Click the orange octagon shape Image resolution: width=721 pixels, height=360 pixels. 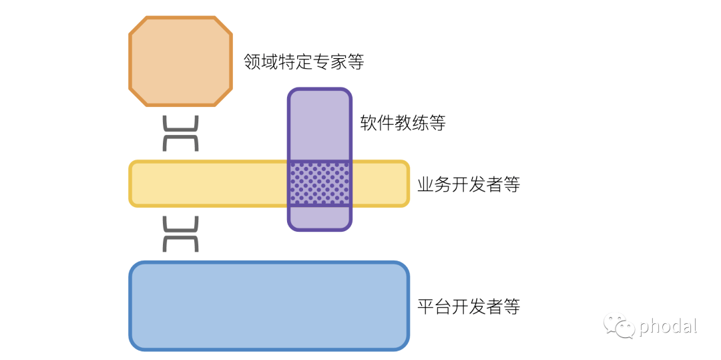(x=180, y=61)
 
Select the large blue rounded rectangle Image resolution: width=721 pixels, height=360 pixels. (x=268, y=306)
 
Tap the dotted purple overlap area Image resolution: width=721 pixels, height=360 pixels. (x=319, y=184)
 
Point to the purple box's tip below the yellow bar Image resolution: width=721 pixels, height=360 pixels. (x=319, y=218)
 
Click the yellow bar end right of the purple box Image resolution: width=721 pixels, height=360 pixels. (x=379, y=184)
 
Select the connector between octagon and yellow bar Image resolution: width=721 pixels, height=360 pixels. (x=181, y=133)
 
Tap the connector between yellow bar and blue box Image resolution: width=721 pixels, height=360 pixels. (x=181, y=234)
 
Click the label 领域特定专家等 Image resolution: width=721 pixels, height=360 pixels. (x=304, y=62)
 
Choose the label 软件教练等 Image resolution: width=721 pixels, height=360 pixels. (x=403, y=123)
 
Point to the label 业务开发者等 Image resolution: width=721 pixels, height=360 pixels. (x=468, y=184)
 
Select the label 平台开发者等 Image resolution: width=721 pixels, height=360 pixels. (x=468, y=307)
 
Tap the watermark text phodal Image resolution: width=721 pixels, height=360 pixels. (x=668, y=326)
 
